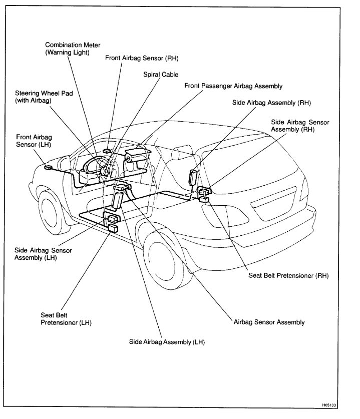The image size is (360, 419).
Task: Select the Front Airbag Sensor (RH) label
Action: (x=142, y=58)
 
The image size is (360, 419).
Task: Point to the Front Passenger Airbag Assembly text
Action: (x=233, y=86)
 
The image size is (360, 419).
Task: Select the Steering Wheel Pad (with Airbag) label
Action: (x=41, y=97)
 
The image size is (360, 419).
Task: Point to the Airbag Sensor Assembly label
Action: (x=269, y=322)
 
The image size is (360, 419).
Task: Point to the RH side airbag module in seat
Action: (x=193, y=178)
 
